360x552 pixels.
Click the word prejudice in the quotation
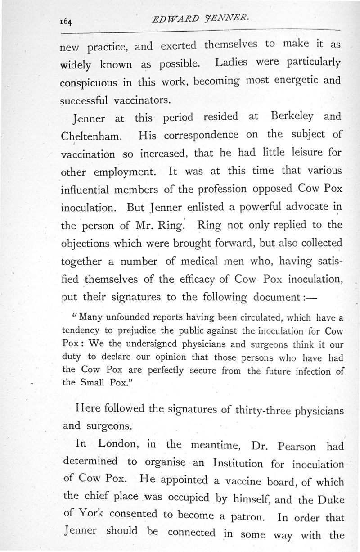tap(138, 330)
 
